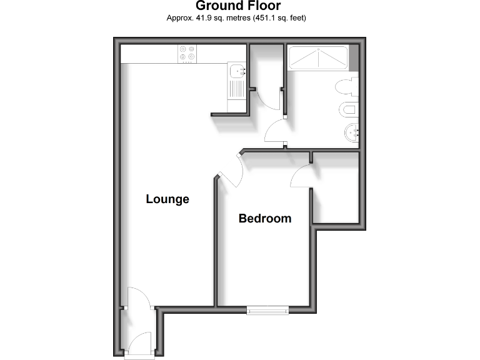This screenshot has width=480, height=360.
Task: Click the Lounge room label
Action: pos(167,199)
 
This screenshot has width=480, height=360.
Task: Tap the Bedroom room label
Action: pos(265,219)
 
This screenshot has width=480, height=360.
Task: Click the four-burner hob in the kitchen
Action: pos(187,53)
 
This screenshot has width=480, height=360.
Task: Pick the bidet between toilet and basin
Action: pos(349,111)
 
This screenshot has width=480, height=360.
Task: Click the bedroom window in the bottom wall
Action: pos(267,309)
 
